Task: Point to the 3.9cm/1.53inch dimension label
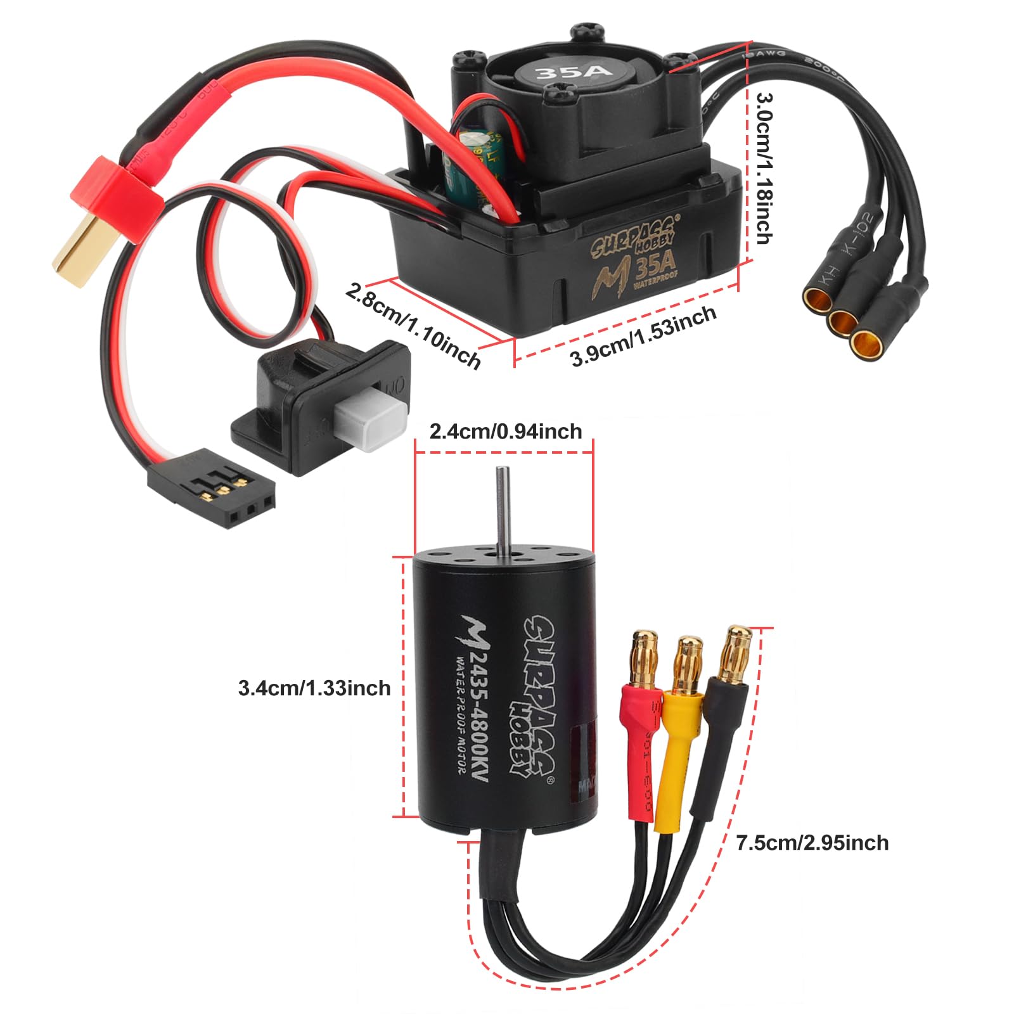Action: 643,336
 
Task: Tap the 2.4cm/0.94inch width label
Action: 505,432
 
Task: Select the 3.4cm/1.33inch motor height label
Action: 314,688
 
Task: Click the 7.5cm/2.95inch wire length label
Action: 812,843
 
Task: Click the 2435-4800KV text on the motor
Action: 475,710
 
